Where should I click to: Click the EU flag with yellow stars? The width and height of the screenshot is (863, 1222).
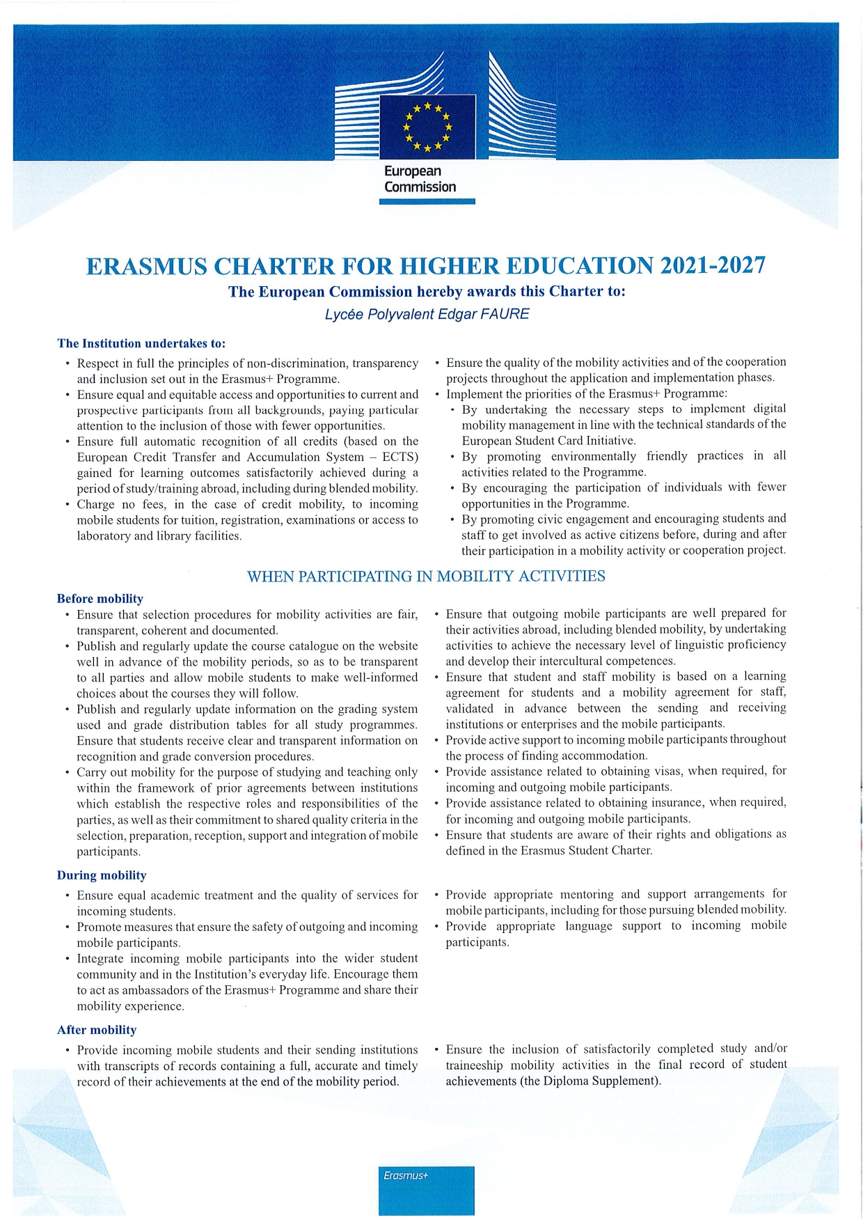pos(427,127)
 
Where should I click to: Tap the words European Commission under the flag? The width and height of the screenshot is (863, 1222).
pos(420,179)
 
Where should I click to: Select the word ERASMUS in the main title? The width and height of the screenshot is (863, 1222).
pos(147,267)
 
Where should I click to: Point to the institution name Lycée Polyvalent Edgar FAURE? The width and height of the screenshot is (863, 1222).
pos(427,314)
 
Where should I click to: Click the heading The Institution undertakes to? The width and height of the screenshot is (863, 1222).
pos(141,343)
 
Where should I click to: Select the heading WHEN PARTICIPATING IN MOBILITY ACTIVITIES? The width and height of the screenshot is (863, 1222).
pos(426,577)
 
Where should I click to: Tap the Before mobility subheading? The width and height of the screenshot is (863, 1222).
pos(100,599)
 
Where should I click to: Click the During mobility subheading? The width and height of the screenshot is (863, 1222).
pos(102,875)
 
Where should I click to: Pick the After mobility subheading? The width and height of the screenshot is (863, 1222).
pos(97,1030)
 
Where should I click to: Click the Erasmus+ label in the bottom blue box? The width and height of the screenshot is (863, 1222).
pos(406,1175)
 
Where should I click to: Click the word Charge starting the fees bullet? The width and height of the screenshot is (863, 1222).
pos(96,504)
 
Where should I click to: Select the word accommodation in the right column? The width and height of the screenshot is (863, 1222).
pos(603,755)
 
